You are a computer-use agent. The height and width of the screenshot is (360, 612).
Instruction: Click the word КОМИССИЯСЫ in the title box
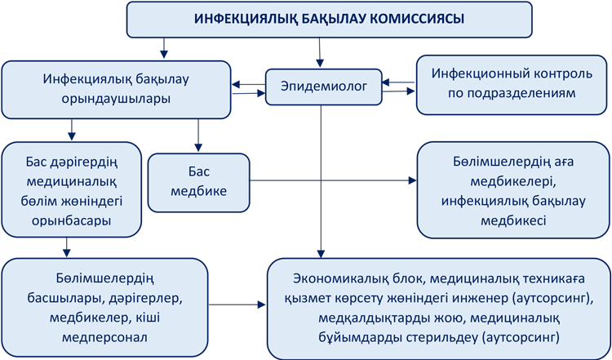(x=417, y=18)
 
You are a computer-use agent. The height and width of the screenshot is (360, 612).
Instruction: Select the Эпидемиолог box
(x=324, y=87)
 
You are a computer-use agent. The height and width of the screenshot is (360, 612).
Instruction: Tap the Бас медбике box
(x=198, y=182)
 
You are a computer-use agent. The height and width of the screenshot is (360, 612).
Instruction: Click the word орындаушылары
(x=116, y=99)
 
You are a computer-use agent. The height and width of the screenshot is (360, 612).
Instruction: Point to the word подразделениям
(x=512, y=93)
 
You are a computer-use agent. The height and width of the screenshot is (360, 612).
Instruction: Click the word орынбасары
(x=72, y=220)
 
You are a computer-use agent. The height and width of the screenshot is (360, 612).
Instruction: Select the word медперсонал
(x=104, y=337)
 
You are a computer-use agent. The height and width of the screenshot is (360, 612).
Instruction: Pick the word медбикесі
(x=513, y=220)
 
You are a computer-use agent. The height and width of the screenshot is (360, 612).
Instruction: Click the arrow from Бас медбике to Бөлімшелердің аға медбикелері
(x=333, y=180)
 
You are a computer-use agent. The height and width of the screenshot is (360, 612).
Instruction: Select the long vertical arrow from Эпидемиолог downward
(x=321, y=181)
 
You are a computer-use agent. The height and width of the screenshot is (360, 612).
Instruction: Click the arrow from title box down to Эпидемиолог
(x=320, y=52)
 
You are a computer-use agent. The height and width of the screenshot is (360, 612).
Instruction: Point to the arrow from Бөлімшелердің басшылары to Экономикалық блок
(x=237, y=304)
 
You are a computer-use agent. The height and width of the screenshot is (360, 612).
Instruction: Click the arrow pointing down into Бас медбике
(x=198, y=135)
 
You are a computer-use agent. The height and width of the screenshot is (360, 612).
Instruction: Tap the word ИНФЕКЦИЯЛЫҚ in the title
(x=246, y=18)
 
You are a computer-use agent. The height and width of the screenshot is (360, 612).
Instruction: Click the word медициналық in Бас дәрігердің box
(x=72, y=181)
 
